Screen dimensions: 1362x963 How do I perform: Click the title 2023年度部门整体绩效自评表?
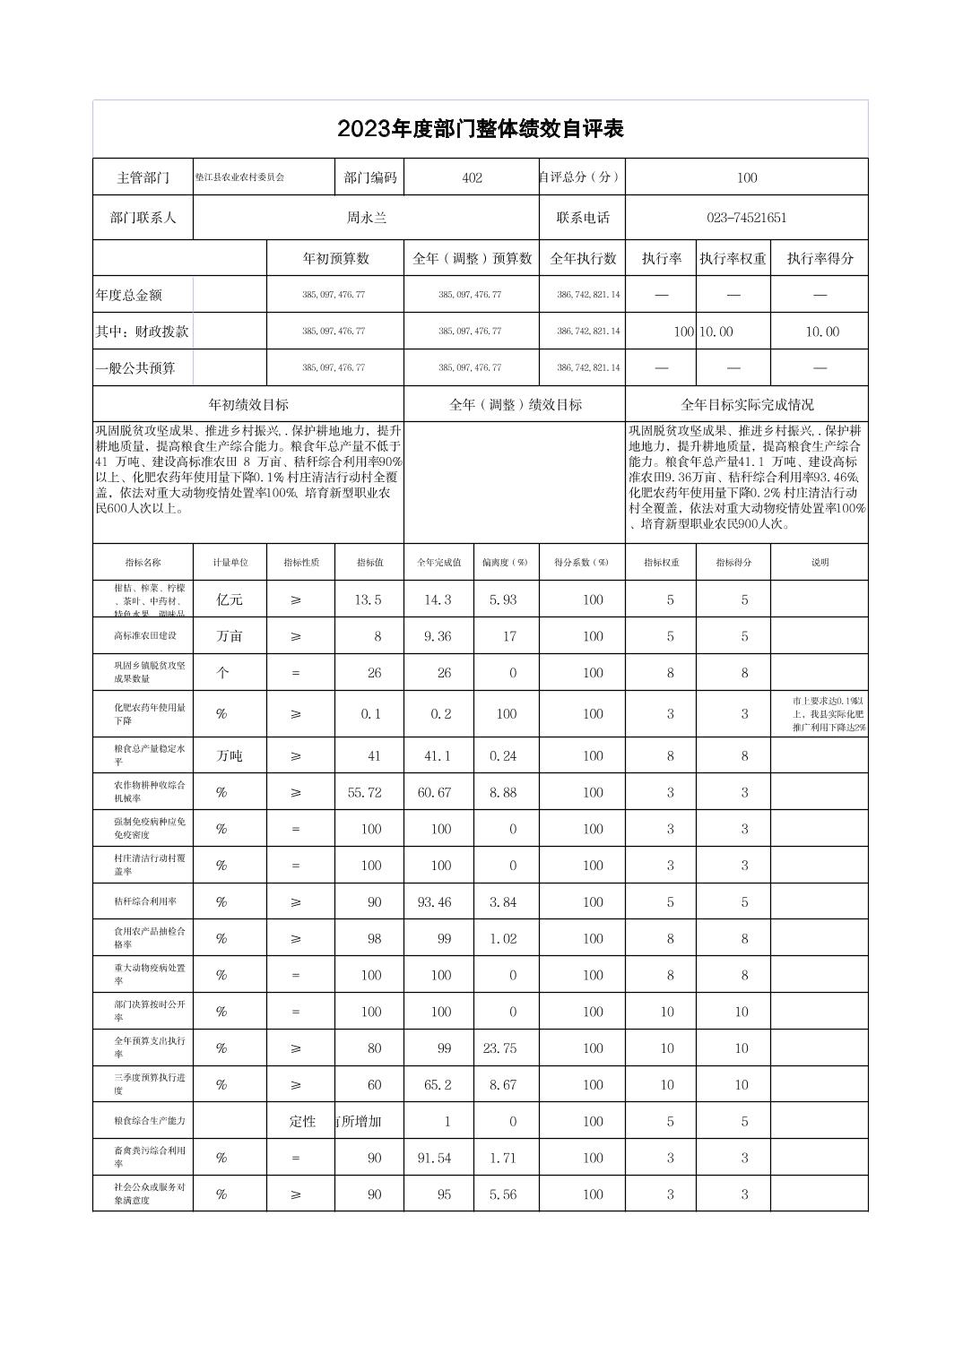(x=480, y=129)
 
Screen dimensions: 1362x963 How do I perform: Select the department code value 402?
(x=472, y=177)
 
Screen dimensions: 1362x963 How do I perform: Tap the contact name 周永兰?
(x=367, y=218)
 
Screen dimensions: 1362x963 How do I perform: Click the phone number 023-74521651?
(x=746, y=218)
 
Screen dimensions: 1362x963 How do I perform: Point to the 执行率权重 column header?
(x=733, y=259)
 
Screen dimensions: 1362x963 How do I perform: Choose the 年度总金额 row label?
(x=129, y=295)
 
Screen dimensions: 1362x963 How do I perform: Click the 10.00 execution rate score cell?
(x=821, y=332)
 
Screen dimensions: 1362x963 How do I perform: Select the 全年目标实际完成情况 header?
(x=747, y=405)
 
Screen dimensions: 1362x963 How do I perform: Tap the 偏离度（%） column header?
(x=506, y=563)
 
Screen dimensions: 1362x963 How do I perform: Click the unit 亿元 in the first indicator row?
(x=230, y=599)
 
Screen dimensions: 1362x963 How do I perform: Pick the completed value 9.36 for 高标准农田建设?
(x=438, y=636)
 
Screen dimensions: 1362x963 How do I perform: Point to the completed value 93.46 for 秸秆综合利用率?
(x=435, y=902)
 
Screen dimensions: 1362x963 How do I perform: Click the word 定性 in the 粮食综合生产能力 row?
(x=302, y=1121)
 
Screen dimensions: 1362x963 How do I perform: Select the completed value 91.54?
(x=435, y=1158)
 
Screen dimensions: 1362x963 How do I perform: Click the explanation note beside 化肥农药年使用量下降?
(x=819, y=714)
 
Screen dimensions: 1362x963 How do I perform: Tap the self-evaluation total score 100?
(x=746, y=177)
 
